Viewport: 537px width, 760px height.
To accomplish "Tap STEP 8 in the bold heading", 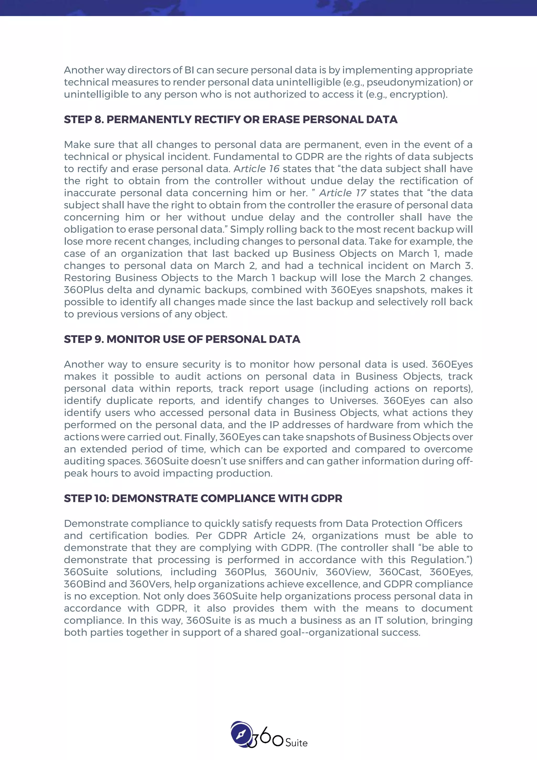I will point(84,119).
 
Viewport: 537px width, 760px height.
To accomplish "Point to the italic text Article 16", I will point(257,169).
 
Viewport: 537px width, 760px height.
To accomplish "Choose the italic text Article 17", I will point(342,193).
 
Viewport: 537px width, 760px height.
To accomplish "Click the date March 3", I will point(451,266).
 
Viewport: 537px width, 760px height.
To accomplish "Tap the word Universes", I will point(353,401).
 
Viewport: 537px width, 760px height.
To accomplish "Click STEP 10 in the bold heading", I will point(86,499).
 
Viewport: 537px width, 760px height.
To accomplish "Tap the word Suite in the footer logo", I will point(296,743).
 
